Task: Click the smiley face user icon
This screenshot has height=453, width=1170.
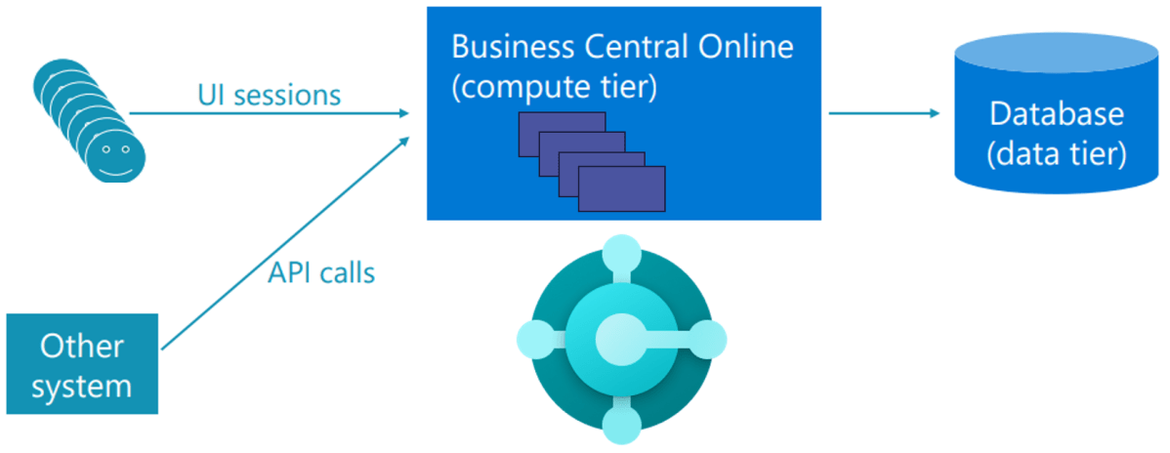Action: [115, 155]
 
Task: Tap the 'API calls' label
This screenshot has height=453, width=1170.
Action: [321, 272]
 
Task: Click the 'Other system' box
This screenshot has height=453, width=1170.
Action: [82, 364]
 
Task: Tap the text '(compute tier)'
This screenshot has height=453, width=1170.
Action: [554, 87]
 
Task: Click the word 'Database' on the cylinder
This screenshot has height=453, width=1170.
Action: [1057, 114]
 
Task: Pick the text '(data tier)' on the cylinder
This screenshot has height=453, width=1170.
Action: [1057, 153]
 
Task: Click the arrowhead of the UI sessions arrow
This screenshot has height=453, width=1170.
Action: [401, 113]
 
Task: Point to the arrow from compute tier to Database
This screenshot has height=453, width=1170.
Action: [884, 113]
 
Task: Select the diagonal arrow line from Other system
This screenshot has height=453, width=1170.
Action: [283, 243]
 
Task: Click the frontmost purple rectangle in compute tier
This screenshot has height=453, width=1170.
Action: [621, 188]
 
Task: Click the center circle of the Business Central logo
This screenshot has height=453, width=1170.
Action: [621, 338]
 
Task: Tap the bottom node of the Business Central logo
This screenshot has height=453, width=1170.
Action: [621, 423]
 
